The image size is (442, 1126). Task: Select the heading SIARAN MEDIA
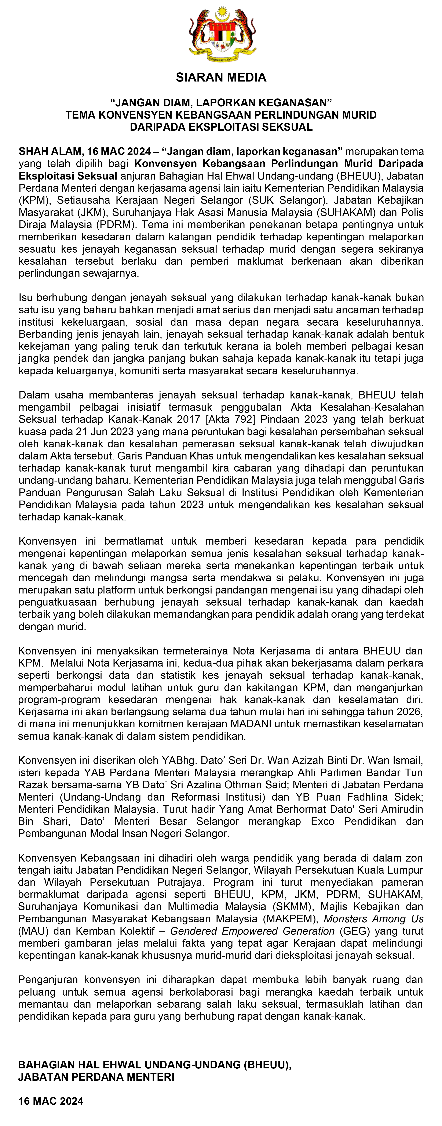(x=221, y=77)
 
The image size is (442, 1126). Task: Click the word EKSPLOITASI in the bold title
(x=227, y=127)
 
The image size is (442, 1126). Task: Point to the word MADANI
(x=251, y=723)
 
